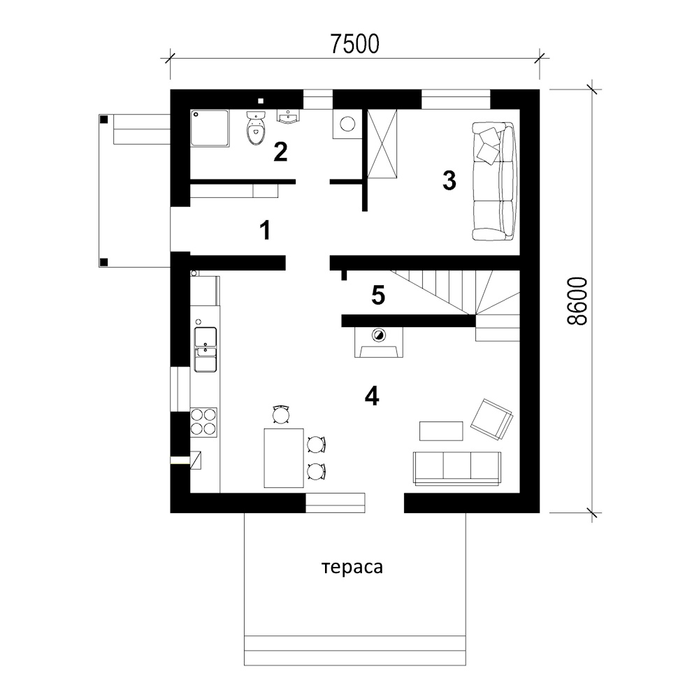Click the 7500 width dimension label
(355, 43)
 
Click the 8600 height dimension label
(577, 301)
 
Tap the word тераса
(352, 568)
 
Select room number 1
(265, 231)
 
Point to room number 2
(280, 152)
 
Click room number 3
(449, 180)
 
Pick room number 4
(372, 396)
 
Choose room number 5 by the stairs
(378, 295)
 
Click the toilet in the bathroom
(256, 129)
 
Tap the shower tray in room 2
(210, 128)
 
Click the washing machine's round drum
(347, 124)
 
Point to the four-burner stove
(203, 422)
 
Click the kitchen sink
(206, 349)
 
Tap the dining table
(284, 459)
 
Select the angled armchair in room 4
(491, 419)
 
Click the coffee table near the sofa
(441, 431)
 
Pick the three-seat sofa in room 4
(457, 468)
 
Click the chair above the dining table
(281, 415)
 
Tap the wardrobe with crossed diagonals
(382, 143)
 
